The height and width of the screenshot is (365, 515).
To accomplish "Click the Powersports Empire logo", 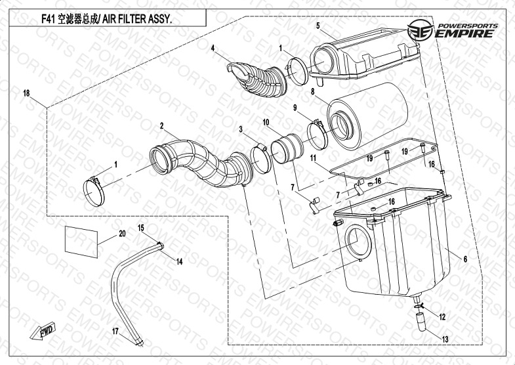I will pos(458,30).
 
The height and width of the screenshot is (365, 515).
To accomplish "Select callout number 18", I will pos(26,94).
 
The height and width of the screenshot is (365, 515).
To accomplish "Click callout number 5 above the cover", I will pos(318,26).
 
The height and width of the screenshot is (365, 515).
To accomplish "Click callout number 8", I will pos(314,93).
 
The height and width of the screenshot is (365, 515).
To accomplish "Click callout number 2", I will pos(161,125).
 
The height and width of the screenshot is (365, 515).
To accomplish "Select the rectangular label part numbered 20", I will pos(81,240).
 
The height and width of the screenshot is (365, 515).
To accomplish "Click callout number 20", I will pos(122,234).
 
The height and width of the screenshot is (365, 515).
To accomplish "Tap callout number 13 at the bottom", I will pos(445,339).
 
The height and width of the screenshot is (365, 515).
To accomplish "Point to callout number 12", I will pos(442,316).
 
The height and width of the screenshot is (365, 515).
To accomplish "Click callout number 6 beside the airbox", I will pos(465,259).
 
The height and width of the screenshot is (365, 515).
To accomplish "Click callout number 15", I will pos(140,227).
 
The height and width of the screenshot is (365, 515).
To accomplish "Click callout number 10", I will pos(266,122).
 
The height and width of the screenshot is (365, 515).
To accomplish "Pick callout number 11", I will pos(314,158).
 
